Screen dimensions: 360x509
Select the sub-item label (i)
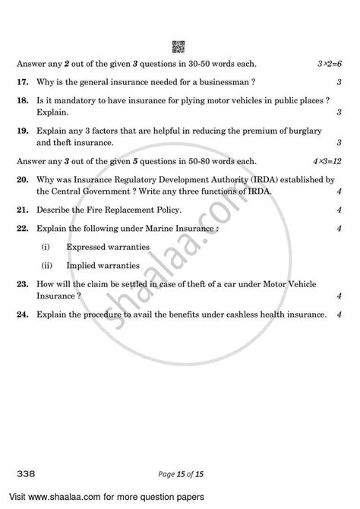[46, 246]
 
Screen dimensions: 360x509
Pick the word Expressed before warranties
[89, 246]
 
